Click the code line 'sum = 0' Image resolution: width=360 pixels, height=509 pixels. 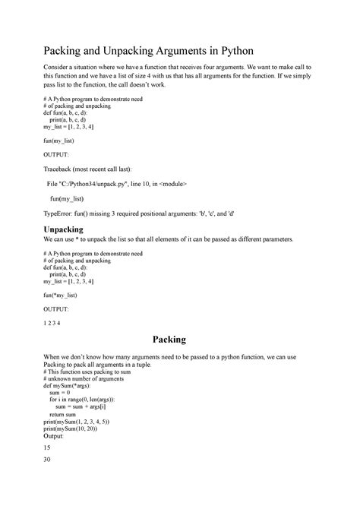coord(60,392)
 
